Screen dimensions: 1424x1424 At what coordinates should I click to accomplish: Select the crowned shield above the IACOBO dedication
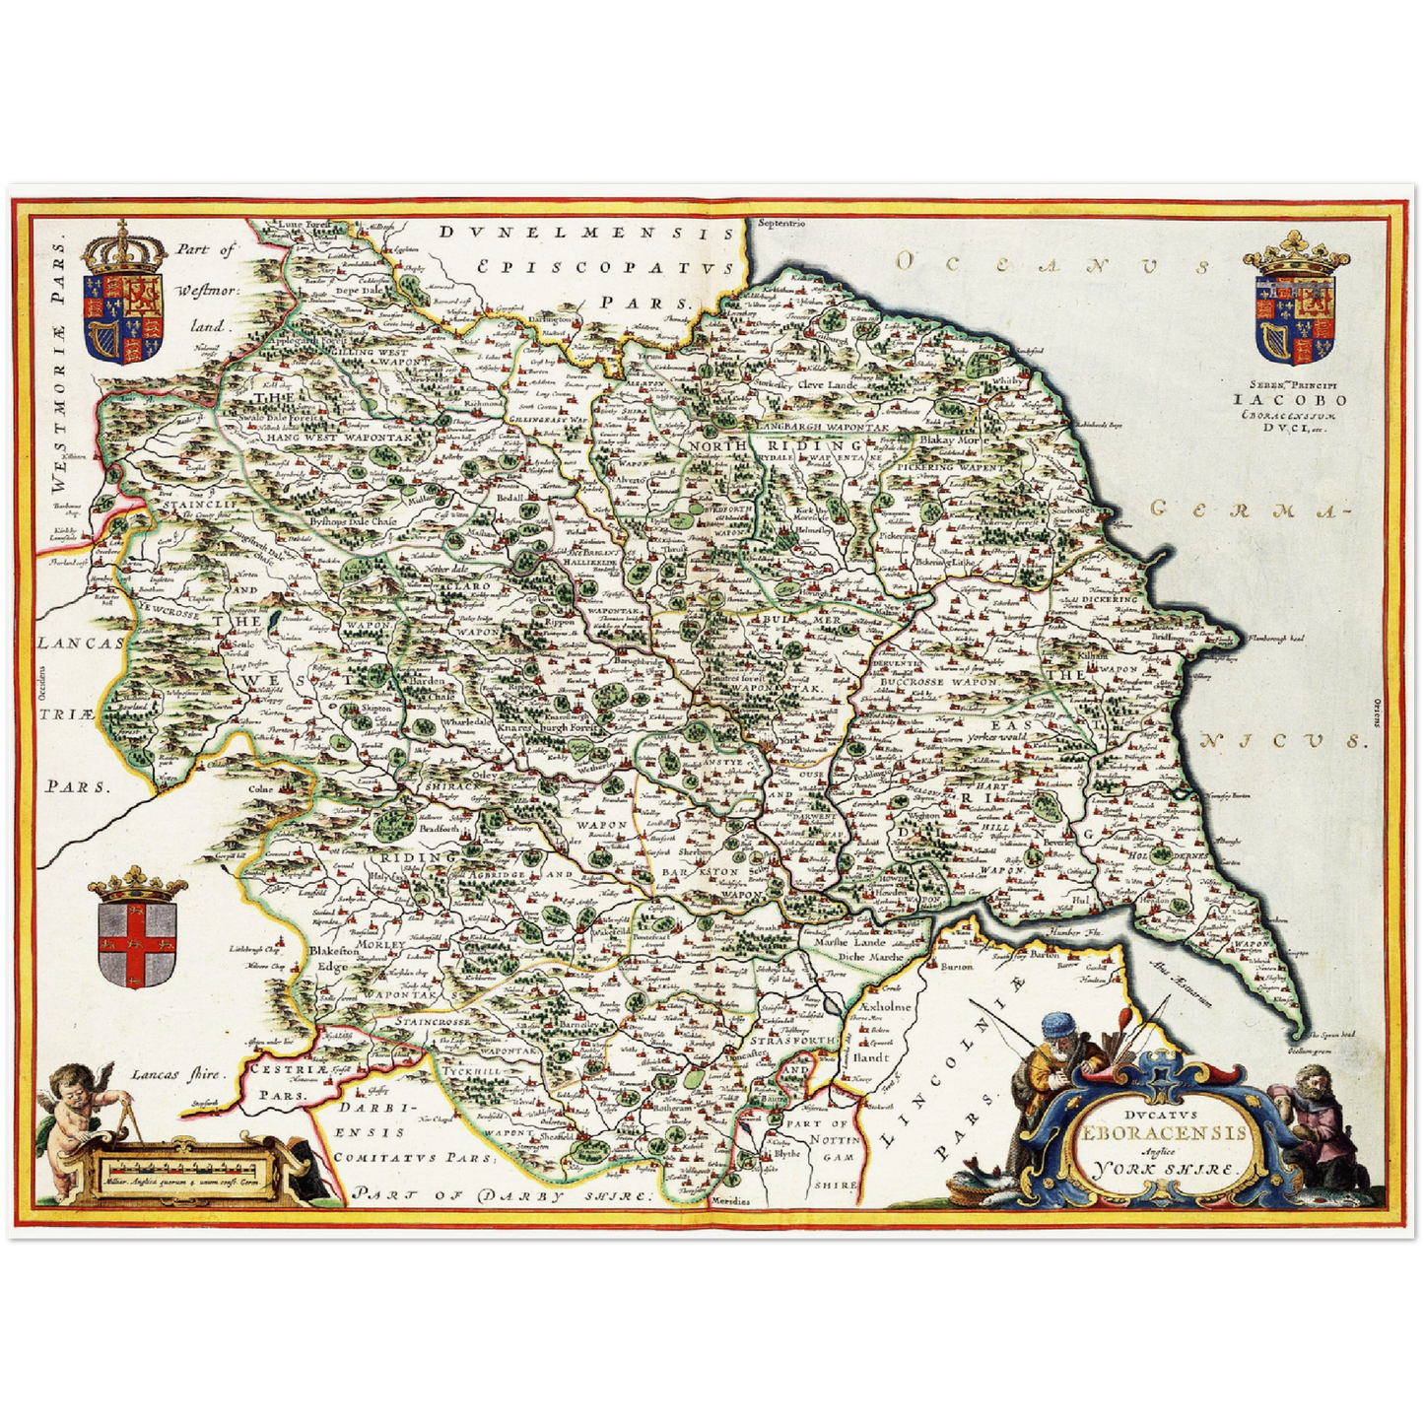pyautogui.click(x=1295, y=302)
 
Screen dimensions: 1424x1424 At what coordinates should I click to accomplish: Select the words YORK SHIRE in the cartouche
pyautogui.click(x=1163, y=1171)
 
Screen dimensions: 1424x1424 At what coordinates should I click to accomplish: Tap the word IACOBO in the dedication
pyautogui.click(x=1290, y=400)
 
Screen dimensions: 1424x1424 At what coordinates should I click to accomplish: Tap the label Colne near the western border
pyautogui.click(x=261, y=789)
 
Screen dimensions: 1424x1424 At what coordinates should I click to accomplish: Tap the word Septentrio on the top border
pyautogui.click(x=781, y=224)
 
